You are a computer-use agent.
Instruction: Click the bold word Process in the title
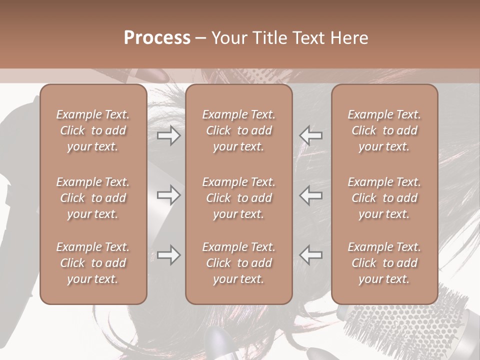(157, 37)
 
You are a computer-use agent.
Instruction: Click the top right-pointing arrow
(168, 135)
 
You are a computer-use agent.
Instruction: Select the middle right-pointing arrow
(168, 195)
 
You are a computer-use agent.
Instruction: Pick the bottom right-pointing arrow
(168, 255)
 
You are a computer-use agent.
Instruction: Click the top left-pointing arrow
(311, 135)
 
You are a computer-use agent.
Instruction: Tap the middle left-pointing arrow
(311, 195)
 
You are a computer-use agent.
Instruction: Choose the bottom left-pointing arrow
(311, 255)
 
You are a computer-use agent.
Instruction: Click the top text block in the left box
(93, 130)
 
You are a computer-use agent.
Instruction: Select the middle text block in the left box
(93, 198)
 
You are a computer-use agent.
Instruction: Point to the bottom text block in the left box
(93, 263)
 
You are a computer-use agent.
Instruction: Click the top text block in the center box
(239, 130)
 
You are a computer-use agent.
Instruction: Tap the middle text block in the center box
(239, 198)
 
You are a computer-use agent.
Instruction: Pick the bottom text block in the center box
(239, 263)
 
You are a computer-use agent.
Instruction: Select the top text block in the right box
(384, 130)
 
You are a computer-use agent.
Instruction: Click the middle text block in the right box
(384, 198)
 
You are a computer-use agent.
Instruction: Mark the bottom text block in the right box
(384, 263)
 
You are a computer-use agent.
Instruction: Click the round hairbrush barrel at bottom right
(400, 330)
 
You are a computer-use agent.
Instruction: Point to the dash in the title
(201, 38)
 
